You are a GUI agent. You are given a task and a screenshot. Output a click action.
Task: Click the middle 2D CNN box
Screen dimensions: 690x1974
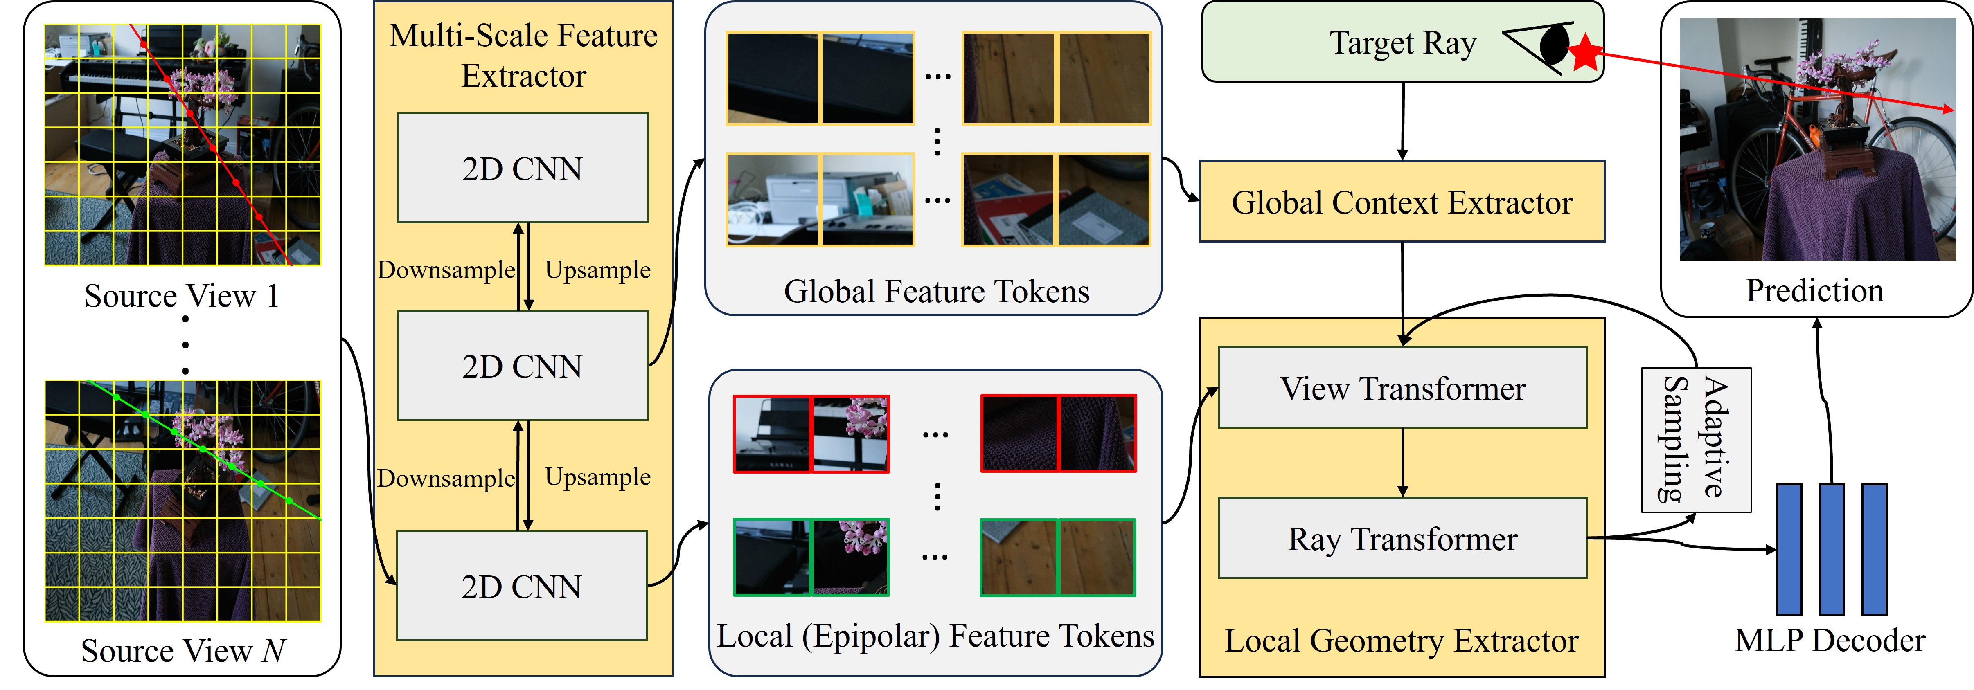click(x=522, y=365)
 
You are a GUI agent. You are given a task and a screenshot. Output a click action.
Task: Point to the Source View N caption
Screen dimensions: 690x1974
click(x=183, y=651)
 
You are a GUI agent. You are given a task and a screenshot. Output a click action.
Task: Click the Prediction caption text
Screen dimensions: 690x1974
click(x=1814, y=291)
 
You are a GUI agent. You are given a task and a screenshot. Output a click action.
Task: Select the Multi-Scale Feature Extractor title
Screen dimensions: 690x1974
click(x=523, y=55)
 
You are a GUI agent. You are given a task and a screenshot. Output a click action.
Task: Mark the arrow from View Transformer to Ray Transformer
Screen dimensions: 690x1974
click(x=1402, y=462)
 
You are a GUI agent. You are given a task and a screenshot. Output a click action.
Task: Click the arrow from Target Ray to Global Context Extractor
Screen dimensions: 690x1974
click(x=1402, y=121)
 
